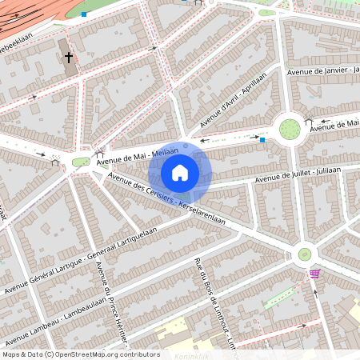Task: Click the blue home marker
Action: (180, 172)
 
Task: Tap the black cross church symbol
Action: (69, 58)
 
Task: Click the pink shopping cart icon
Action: (314, 274)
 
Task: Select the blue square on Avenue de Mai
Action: (262, 139)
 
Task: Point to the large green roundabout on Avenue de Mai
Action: (290, 128)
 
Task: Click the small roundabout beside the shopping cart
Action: (304, 254)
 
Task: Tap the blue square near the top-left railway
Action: (84, 14)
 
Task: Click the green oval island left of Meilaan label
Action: (80, 162)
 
